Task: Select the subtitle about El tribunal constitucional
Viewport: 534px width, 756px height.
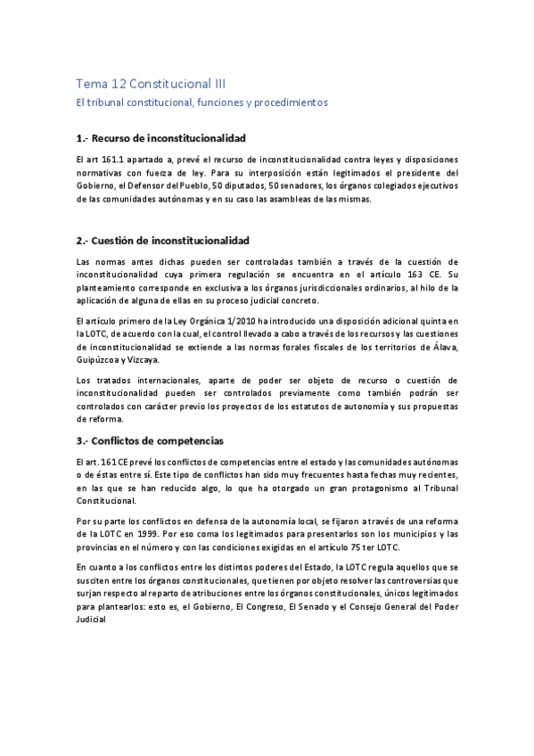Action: (201, 103)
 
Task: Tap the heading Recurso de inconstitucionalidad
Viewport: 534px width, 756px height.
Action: (161, 138)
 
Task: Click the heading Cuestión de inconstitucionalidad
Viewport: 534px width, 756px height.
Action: (163, 241)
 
